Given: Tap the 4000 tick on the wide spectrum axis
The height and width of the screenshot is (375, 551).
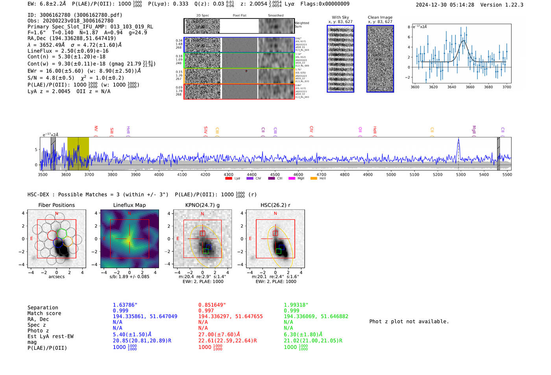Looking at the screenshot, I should tap(159, 174).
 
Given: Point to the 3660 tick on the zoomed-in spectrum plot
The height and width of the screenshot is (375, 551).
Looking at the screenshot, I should tap(470, 87).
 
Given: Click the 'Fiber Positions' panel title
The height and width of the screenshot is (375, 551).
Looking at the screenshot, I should tap(56, 205).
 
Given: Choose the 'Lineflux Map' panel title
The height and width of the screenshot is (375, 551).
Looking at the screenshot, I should tap(129, 205).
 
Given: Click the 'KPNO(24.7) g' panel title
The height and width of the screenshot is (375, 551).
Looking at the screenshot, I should tap(202, 205).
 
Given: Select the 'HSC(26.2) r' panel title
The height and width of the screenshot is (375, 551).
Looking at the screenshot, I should tap(275, 205).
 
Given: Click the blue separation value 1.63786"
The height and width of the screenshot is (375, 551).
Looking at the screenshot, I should tap(125, 305).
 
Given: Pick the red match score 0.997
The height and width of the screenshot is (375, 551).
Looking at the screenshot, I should tap(206, 311).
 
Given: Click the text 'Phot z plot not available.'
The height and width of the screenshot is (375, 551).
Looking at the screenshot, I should tap(409, 321).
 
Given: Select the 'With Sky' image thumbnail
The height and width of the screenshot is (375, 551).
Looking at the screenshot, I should tap(340, 59).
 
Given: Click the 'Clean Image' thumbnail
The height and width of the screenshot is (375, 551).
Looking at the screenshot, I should tap(380, 59).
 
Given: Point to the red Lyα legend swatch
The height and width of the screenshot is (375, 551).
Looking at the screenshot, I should tap(228, 178).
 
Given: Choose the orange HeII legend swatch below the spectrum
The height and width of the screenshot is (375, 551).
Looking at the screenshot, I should tap(314, 178).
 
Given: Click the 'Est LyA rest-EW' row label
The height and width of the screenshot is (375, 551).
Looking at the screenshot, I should tap(50, 336).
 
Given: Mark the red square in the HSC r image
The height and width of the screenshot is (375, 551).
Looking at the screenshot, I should tap(275, 233).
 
